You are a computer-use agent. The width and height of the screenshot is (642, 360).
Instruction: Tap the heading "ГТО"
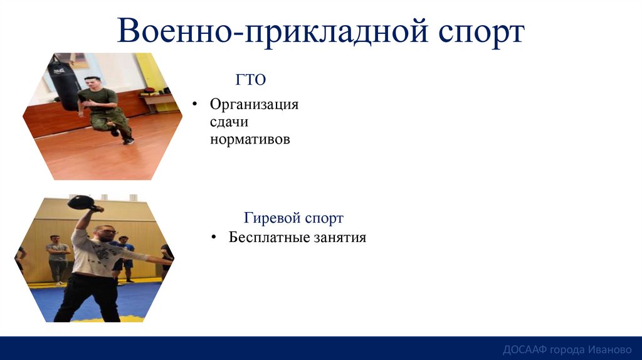[x=250, y=79]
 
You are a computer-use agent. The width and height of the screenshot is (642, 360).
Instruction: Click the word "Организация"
[x=254, y=105]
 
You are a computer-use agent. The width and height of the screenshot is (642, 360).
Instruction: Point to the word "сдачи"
[x=229, y=122]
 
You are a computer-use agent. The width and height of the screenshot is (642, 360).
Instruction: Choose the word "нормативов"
[x=250, y=140]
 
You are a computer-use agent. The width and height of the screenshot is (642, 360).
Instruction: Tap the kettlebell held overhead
[x=82, y=202]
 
